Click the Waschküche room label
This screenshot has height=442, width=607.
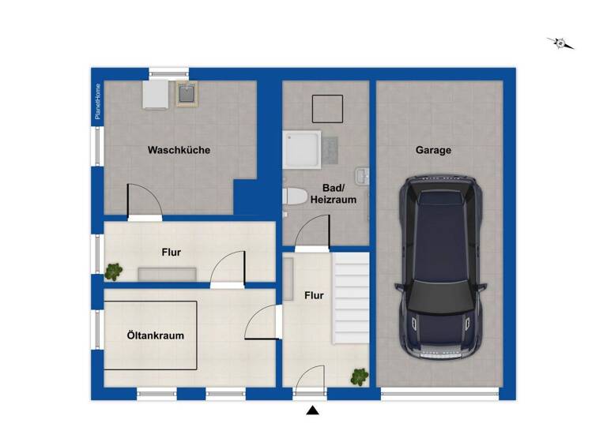point(179,150)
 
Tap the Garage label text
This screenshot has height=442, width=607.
point(433,150)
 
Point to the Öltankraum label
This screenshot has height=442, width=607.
point(155,335)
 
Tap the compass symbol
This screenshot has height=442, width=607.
point(561,43)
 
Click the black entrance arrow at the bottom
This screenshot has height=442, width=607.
point(313,410)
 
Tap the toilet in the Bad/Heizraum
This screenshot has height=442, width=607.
point(295,197)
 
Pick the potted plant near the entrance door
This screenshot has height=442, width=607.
point(360,376)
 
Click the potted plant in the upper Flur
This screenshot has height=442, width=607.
point(114,272)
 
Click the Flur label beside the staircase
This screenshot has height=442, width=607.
point(314,296)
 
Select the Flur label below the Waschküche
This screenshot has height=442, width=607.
point(172,253)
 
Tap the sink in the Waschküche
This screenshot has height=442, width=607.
point(187,96)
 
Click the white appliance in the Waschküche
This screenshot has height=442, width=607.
point(155,96)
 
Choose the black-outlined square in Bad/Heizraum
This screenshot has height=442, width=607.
point(327,108)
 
